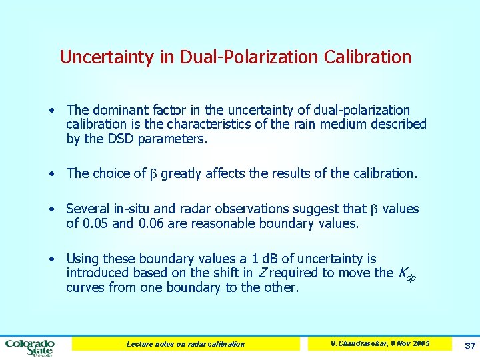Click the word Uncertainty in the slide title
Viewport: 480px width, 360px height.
(x=107, y=57)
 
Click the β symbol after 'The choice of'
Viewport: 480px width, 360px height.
(x=151, y=174)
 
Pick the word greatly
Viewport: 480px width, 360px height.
(x=182, y=174)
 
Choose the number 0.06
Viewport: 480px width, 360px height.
(x=151, y=224)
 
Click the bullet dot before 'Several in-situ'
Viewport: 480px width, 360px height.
(x=52, y=209)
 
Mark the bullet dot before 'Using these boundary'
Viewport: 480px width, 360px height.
(x=52, y=259)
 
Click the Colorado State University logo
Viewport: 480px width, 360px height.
(x=29, y=347)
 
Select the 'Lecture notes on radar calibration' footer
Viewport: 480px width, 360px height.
(x=185, y=344)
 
